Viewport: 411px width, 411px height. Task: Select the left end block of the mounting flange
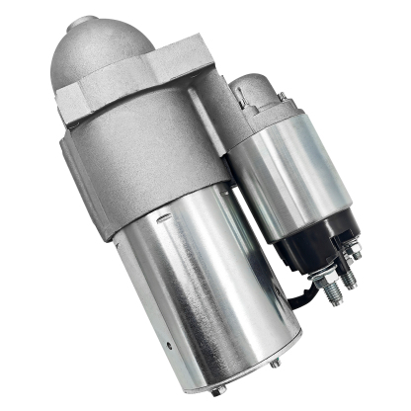pyautogui.click(x=78, y=99)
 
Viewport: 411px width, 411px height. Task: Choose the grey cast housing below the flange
pyautogui.click(x=148, y=148)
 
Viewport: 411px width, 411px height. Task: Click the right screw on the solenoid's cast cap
pyautogui.click(x=282, y=96)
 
